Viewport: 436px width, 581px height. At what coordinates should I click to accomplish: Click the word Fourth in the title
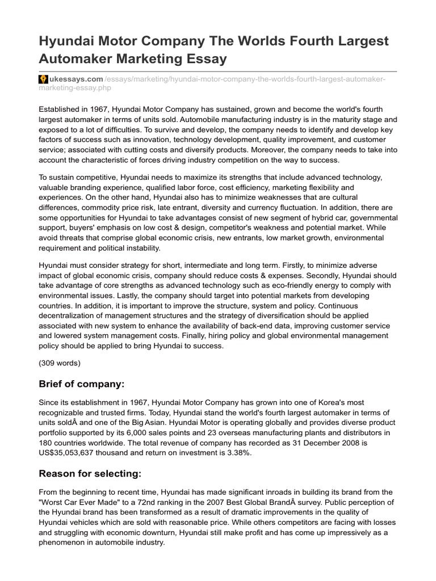coord(299,41)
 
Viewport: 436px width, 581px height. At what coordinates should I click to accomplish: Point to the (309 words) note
coord(60,362)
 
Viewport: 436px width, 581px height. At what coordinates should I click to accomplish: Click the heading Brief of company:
coord(81,384)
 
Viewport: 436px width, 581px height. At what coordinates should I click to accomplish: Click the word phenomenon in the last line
coord(65,542)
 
